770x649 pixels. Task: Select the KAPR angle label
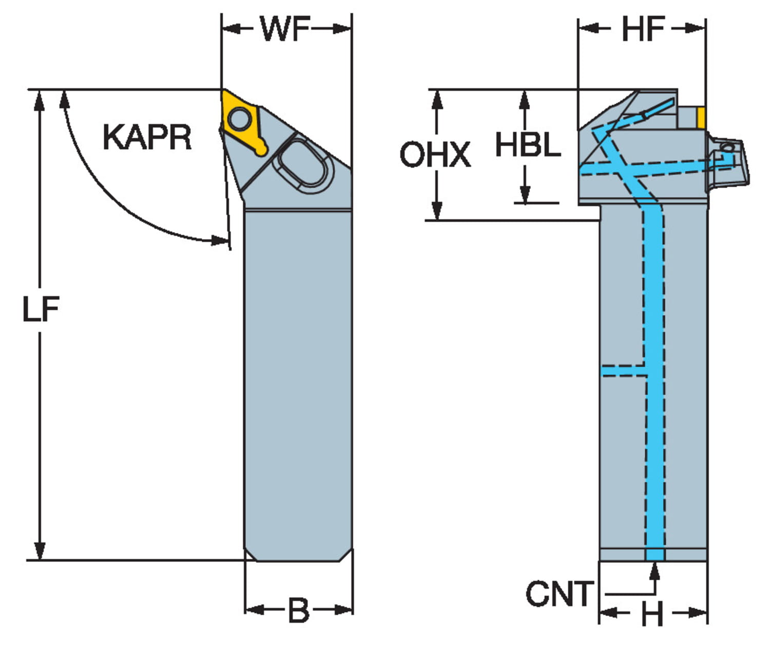click(x=147, y=137)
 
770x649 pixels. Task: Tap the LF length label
click(x=41, y=309)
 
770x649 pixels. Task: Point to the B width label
click(x=298, y=611)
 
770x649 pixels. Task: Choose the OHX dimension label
click(x=435, y=155)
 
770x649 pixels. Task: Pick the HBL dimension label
click(x=528, y=145)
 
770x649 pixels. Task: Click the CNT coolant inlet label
click(x=559, y=594)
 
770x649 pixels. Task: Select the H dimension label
click(x=652, y=614)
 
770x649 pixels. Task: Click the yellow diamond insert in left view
click(x=241, y=122)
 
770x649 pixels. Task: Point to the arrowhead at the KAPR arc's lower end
click(x=220, y=240)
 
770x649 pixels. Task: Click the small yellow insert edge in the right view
click(x=701, y=117)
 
